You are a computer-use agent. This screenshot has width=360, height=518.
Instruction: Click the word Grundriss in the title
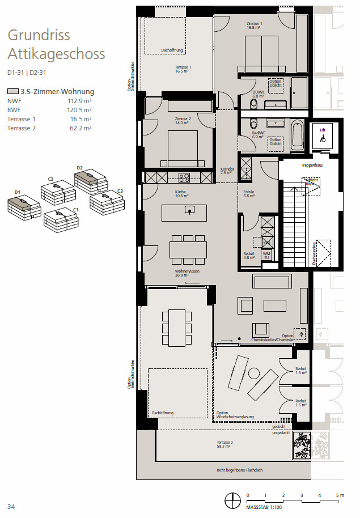click(39, 35)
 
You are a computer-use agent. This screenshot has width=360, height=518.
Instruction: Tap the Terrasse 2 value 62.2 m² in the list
click(81, 128)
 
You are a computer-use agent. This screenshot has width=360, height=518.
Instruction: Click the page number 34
click(11, 506)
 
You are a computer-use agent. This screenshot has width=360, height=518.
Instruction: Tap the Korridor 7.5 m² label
click(227, 171)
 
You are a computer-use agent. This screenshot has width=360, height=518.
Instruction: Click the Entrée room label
click(248, 194)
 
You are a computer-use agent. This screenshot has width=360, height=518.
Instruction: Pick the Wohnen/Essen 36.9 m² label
click(187, 273)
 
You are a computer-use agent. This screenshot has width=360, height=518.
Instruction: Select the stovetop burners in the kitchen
click(184, 177)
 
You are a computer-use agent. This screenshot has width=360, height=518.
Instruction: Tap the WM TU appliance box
click(267, 255)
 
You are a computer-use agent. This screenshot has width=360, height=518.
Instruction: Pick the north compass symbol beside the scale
click(231, 500)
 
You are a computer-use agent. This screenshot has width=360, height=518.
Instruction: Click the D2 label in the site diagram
click(80, 168)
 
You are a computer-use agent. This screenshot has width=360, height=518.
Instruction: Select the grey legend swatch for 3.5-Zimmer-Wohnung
click(12, 91)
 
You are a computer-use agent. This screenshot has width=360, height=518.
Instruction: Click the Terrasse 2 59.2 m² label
click(225, 444)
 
